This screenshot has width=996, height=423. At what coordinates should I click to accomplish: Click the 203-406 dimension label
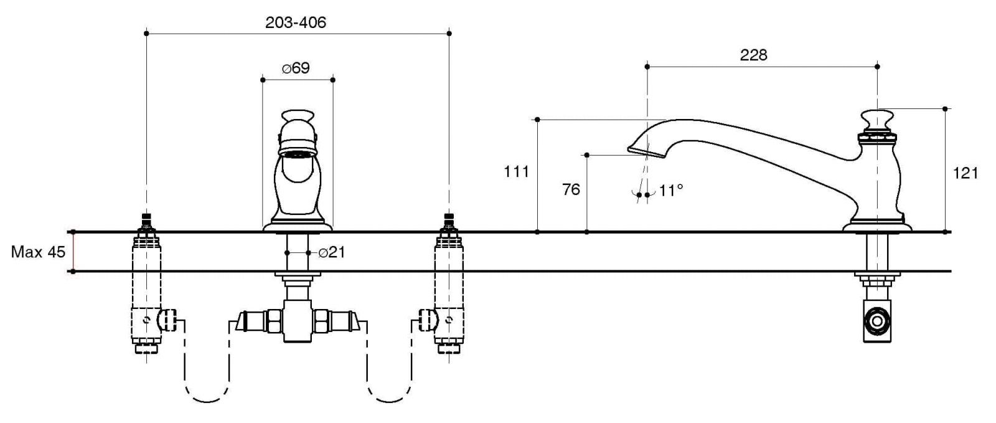tap(296, 22)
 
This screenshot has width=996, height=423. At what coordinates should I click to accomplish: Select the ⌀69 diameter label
tap(296, 68)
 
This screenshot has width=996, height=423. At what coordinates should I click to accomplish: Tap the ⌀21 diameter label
tap(331, 252)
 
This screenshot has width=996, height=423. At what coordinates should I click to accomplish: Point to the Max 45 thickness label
tap(38, 252)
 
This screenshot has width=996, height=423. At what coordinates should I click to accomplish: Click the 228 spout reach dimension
tap(753, 55)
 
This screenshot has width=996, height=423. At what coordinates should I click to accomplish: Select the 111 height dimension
tap(516, 171)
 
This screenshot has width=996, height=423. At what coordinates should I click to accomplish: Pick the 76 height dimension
tap(571, 189)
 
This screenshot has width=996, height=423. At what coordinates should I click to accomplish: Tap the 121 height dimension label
tap(965, 173)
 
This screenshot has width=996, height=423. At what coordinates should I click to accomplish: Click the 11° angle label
tap(671, 190)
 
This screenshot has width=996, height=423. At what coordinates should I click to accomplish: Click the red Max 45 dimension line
tap(73, 252)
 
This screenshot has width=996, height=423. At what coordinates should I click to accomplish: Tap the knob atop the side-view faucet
tap(877, 118)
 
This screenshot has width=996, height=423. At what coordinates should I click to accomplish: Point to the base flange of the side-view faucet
tap(877, 227)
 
